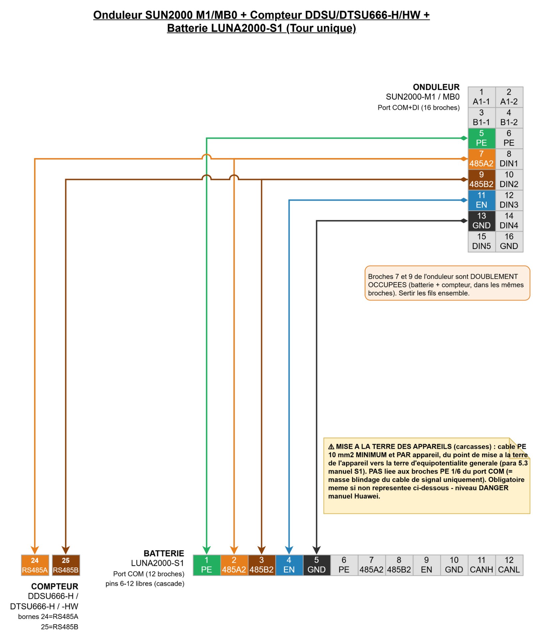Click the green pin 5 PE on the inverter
point(481,138)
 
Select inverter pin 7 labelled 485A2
point(481,159)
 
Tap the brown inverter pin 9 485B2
point(481,179)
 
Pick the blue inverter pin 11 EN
point(481,200)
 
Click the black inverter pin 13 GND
point(481,221)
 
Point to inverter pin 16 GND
point(509,241)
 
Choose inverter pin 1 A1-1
point(481,97)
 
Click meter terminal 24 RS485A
point(35,565)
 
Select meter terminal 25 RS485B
point(66,565)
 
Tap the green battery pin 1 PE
point(206,565)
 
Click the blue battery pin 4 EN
point(289,565)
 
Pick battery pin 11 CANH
point(481,565)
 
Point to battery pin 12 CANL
point(509,565)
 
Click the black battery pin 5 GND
point(316,565)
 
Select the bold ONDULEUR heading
point(436,87)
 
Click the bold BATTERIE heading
point(164,553)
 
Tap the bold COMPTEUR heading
point(55,586)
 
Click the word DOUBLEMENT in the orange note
point(494,276)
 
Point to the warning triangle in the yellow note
point(331,447)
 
